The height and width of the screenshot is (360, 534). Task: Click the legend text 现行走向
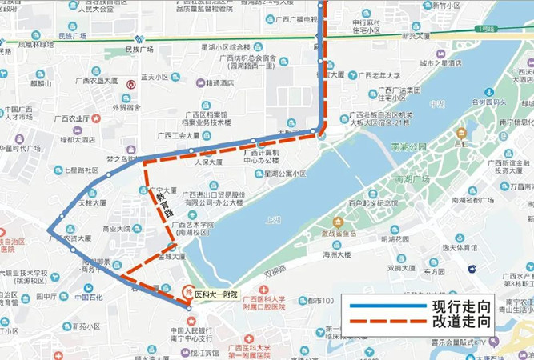(460, 307)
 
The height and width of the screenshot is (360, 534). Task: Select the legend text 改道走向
(460, 324)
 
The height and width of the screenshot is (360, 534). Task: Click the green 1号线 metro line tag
(484, 29)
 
